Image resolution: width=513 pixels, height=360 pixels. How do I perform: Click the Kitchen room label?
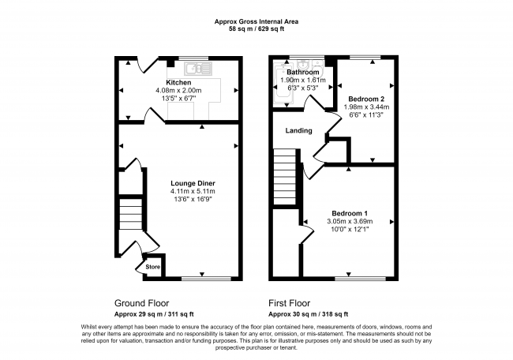pos(178,82)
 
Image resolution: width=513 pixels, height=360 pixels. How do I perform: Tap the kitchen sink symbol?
pos(198,69)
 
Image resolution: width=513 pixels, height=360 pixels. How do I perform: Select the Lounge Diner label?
pos(193,183)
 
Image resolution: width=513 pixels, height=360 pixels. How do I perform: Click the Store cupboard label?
pos(153,267)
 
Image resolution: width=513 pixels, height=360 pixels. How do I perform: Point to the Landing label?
pos(298,130)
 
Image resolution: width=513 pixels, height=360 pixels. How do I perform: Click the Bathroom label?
pos(303,72)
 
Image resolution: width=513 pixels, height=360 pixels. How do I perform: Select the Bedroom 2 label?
pos(366,99)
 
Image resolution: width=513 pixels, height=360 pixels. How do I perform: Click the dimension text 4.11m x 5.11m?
pos(193,191)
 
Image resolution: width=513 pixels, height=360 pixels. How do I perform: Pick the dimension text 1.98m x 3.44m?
pos(366,107)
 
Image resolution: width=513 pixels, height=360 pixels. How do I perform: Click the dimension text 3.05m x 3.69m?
pos(350,221)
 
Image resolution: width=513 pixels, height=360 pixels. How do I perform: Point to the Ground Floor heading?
pos(141,303)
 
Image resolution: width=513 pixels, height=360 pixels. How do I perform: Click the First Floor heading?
pos(290,303)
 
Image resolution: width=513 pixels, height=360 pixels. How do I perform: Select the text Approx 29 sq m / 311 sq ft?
pos(154,314)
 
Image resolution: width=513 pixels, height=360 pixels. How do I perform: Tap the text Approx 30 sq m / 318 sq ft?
pos(308,314)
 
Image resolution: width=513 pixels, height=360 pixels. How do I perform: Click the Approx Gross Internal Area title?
pos(256,21)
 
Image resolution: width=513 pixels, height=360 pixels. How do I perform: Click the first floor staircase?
pos(285,177)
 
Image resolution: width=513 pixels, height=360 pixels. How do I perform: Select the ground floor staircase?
pos(130,214)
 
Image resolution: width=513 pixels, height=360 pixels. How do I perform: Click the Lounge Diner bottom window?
pos(206,279)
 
